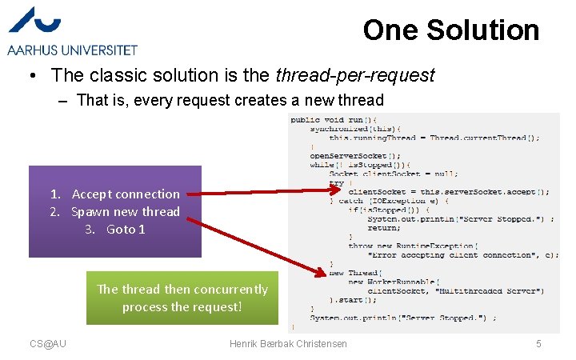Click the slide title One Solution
(x=450, y=30)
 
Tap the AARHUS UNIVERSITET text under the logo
(x=72, y=50)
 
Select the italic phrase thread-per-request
(x=354, y=76)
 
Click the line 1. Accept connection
(x=114, y=194)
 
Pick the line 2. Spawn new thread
(x=114, y=212)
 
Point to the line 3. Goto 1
(x=115, y=230)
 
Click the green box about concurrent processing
(x=182, y=298)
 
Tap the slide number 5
(x=538, y=344)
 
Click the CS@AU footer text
(x=48, y=344)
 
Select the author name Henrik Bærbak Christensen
(x=288, y=344)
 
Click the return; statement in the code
(x=384, y=228)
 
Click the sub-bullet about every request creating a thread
(x=230, y=101)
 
